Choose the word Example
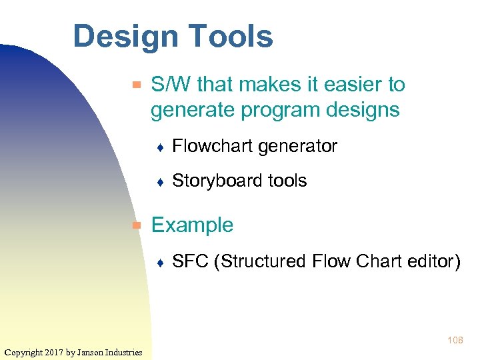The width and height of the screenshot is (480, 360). pos(192,225)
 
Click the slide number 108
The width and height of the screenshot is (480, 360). pos(455,341)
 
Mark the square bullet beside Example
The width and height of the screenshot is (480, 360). pos(137,225)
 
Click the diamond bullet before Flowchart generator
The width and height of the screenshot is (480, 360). pos(161,147)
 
